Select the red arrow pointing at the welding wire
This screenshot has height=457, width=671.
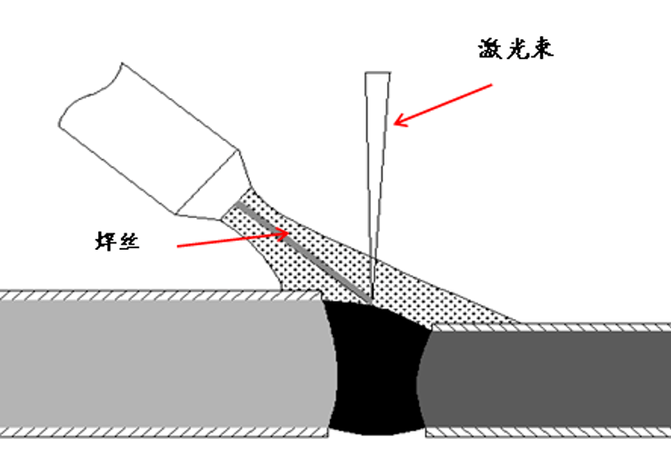pyautogui.click(x=231, y=238)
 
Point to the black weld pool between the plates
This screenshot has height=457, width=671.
pyautogui.click(x=376, y=373)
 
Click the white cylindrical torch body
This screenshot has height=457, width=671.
pyautogui.click(x=145, y=127)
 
